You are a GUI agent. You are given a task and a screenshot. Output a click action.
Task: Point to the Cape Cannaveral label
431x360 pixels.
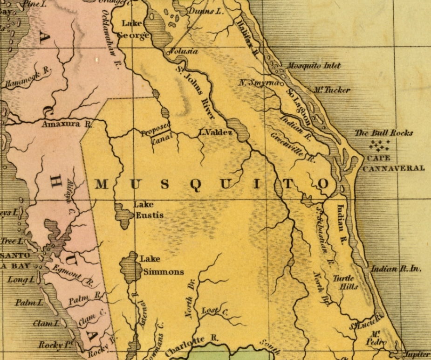coord(393,163)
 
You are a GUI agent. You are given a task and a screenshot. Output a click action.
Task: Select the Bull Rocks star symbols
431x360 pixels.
coord(379,145)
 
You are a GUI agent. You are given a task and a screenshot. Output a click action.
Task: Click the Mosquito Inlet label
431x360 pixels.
coord(314,66)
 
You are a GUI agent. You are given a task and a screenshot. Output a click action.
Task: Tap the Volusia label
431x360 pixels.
coord(184,51)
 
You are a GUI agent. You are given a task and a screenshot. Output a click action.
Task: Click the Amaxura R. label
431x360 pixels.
coord(67,125)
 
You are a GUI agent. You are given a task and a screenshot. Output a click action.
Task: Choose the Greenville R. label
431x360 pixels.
coord(292,145)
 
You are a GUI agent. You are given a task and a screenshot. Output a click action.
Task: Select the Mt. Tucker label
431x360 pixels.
coord(332,90)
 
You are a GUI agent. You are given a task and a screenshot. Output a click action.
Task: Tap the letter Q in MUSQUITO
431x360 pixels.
coord(196,185)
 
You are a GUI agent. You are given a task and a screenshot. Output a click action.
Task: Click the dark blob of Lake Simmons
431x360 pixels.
coord(130,268)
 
